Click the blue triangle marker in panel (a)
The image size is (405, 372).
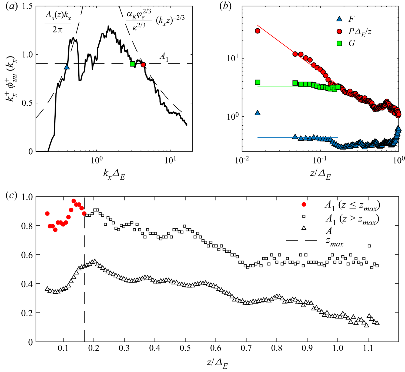(67, 67)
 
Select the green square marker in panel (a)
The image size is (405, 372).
(132, 64)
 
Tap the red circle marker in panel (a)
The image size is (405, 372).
(143, 65)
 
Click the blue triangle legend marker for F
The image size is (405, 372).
(339, 19)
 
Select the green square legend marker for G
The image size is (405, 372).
(339, 43)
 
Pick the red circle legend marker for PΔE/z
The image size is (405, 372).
(339, 31)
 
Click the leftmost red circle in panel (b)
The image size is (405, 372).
(257, 31)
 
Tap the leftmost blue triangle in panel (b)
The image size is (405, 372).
(257, 113)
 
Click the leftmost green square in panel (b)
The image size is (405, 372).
(257, 82)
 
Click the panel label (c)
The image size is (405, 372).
(12, 195)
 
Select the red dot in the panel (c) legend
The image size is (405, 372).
(304, 205)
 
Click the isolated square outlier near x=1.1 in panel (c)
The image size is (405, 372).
(369, 246)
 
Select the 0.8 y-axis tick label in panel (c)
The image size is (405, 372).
(26, 226)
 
